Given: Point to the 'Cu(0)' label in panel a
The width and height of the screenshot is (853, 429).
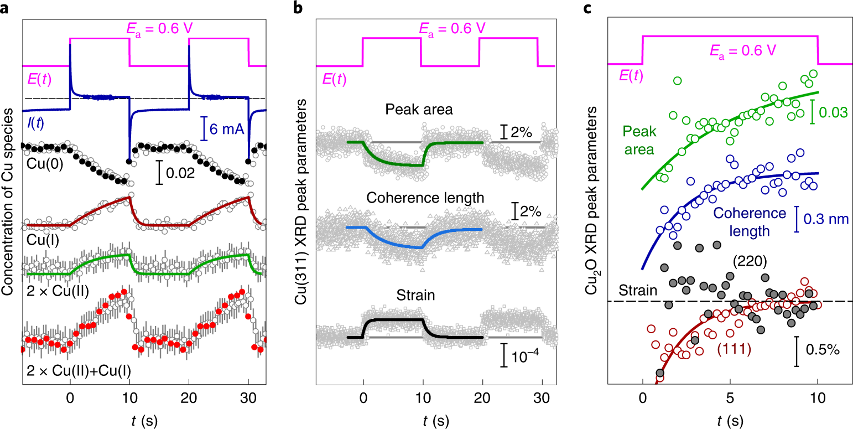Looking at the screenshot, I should [40, 164].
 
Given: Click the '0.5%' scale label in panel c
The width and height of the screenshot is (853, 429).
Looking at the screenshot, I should [823, 350].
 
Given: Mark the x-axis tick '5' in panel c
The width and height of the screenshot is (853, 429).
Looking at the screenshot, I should [730, 399].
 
